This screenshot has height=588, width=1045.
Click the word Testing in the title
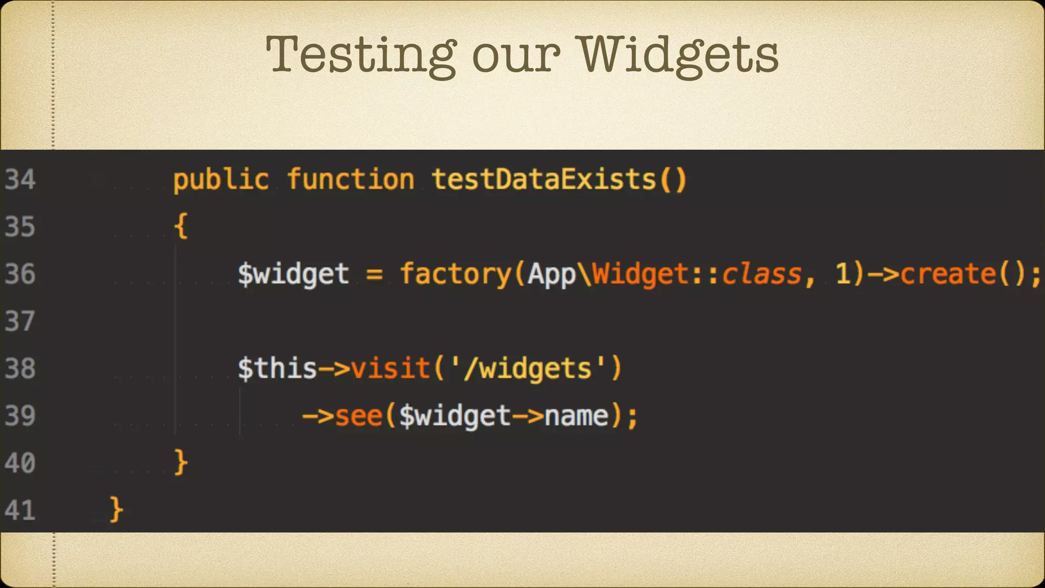point(361,55)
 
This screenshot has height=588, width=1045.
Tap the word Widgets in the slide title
point(679,55)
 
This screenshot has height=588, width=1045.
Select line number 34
point(20,180)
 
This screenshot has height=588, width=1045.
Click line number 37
point(20,322)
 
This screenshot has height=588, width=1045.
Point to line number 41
point(20,510)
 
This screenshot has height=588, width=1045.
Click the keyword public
point(221,180)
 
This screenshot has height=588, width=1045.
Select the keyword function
point(351,180)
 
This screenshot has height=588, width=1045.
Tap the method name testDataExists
point(544,180)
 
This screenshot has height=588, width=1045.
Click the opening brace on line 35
point(181,226)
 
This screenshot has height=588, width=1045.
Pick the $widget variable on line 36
point(293,274)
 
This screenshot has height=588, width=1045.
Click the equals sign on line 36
point(374,274)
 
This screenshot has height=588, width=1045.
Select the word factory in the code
point(455,274)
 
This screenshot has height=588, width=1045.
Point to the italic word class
point(762,274)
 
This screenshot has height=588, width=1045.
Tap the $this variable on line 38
point(277,369)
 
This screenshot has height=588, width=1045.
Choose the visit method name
point(391,369)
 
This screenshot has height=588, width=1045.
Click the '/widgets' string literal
point(528,369)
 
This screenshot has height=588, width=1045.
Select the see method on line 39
point(359,416)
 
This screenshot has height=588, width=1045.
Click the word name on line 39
point(577,416)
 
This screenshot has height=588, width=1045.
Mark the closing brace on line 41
point(116,509)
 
